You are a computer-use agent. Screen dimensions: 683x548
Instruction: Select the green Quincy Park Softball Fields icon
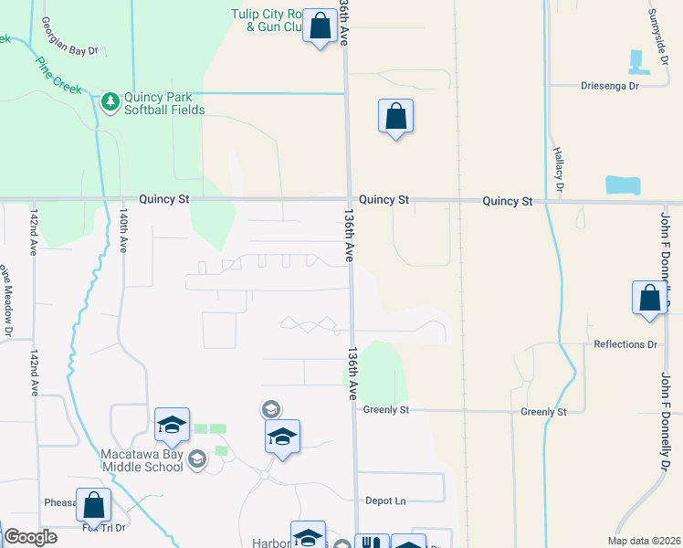coord(110,100)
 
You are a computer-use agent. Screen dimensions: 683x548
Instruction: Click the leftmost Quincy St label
coord(164,198)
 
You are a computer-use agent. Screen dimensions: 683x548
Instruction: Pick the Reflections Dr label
coord(625,344)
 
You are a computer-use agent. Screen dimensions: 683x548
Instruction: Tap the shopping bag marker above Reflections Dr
coord(649,299)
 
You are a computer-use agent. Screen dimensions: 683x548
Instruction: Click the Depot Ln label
coord(385,501)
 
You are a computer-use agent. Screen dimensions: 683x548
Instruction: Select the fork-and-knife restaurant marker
coord(371,542)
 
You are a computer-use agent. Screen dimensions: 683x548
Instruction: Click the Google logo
coord(30,537)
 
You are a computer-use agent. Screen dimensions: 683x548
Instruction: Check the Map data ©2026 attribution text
coord(644,540)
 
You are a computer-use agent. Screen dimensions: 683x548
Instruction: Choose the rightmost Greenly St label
coord(543,412)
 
